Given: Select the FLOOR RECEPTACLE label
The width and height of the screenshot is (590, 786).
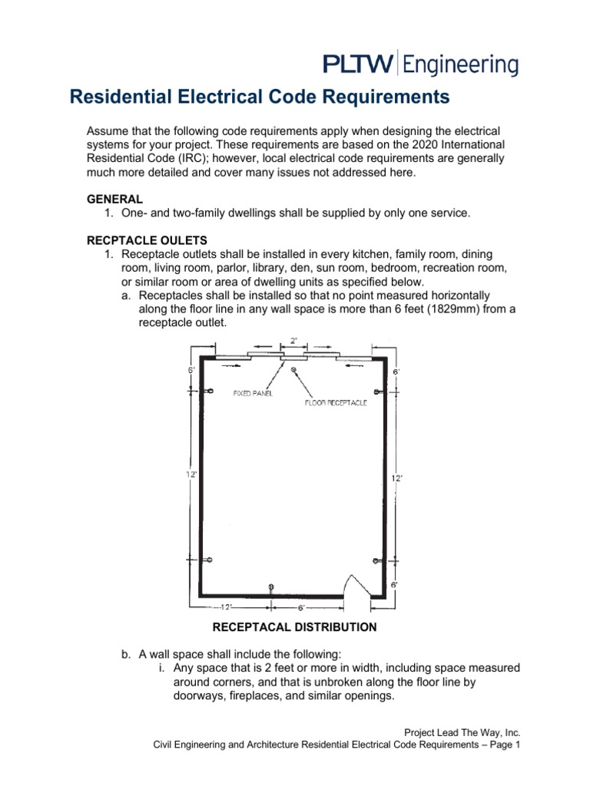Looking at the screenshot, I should [336, 402].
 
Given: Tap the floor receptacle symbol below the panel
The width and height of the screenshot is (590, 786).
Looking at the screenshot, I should [293, 370].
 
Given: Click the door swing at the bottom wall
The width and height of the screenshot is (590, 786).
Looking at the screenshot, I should [356, 585].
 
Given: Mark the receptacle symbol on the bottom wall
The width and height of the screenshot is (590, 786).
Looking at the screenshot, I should [270, 587].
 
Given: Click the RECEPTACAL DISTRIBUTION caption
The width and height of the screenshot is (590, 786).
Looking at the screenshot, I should [294, 627].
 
